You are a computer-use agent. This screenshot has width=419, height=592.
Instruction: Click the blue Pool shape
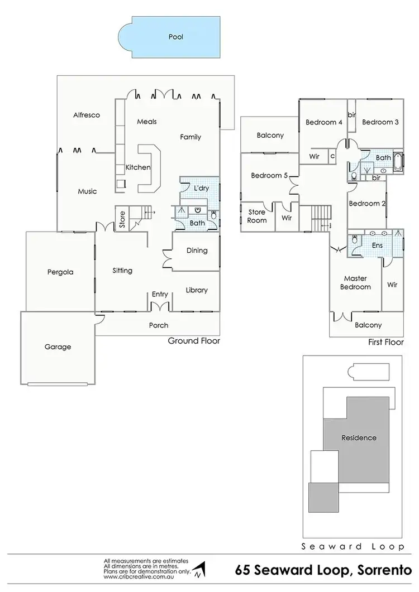click(x=175, y=37)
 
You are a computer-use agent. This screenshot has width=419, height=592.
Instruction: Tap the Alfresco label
click(x=87, y=115)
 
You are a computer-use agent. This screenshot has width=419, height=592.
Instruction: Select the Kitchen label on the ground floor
click(x=137, y=167)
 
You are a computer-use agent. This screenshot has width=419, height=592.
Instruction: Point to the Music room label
click(x=87, y=191)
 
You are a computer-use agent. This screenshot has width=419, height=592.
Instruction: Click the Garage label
click(x=58, y=346)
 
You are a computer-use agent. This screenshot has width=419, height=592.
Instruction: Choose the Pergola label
click(x=60, y=272)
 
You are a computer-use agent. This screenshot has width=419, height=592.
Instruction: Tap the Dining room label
click(x=197, y=251)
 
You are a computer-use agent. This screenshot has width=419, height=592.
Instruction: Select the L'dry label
click(x=201, y=189)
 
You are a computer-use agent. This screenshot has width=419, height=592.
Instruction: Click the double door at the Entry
click(x=160, y=306)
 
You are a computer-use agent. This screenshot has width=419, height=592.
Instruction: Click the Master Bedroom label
click(x=355, y=282)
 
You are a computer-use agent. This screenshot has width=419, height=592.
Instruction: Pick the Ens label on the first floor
click(x=377, y=245)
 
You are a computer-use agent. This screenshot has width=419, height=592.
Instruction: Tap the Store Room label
click(x=257, y=216)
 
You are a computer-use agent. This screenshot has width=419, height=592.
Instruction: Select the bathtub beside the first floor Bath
click(x=397, y=161)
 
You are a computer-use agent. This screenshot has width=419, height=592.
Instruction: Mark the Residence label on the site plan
click(x=359, y=438)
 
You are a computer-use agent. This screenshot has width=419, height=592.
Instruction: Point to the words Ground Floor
click(x=194, y=340)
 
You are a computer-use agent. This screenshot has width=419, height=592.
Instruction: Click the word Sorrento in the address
click(x=387, y=570)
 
